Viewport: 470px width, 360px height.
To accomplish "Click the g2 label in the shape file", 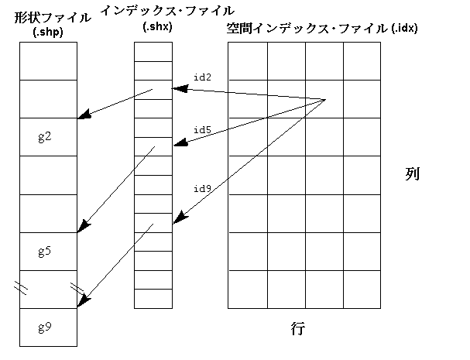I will [44, 137].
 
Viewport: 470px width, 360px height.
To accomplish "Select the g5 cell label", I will [44, 252].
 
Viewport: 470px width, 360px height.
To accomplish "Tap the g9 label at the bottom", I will [44, 327].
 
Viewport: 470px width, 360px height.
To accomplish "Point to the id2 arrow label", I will [202, 77].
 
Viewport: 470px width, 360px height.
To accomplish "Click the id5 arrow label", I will [202, 130].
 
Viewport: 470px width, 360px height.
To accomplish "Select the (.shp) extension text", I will [48, 32].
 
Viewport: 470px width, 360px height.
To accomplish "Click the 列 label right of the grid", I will [412, 173].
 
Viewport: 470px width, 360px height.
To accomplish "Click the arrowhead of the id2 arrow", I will [175, 87].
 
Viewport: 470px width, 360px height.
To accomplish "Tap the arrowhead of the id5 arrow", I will [175, 143].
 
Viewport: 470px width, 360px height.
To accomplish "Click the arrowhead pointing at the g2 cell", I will [82, 117].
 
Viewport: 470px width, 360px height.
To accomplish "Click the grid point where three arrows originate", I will [324, 100].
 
